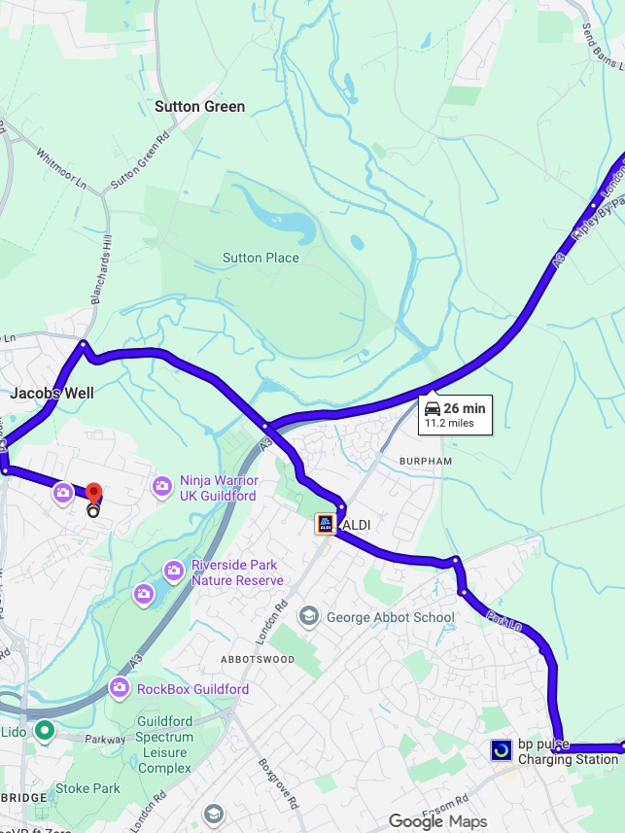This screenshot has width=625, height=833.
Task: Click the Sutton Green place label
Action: (200, 107)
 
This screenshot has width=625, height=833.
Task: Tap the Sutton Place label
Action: (260, 258)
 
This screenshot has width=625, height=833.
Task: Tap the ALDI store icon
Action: (326, 525)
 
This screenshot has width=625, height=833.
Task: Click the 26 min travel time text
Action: (465, 408)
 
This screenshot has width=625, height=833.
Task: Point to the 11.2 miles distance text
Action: (448, 423)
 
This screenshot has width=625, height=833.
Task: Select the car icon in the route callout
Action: (433, 408)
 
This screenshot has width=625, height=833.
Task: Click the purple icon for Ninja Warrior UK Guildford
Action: (162, 485)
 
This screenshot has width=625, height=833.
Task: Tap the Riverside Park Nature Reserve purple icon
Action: (174, 570)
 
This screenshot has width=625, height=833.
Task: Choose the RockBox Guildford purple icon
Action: (120, 688)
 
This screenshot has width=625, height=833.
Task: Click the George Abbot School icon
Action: (308, 616)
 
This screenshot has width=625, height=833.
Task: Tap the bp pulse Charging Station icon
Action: (502, 750)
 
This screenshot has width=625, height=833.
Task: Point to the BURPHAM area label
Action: (426, 461)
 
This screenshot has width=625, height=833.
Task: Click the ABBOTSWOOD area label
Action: (258, 659)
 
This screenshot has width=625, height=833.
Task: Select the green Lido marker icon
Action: (44, 730)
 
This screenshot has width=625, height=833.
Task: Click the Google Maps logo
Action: (437, 822)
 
